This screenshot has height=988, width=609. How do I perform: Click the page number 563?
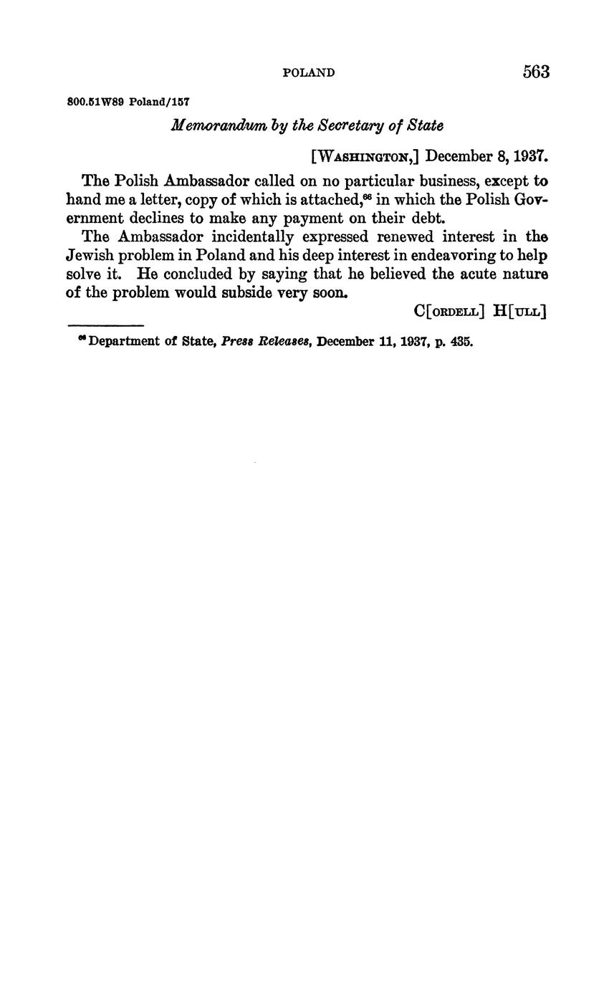point(536,72)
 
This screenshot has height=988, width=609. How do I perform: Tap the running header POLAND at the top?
point(309,72)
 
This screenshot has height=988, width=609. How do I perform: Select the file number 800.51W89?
point(95,102)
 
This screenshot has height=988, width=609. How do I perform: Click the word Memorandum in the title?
point(207,125)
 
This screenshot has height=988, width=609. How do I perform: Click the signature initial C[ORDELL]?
point(450,311)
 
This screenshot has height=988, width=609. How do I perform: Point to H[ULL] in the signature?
point(520,311)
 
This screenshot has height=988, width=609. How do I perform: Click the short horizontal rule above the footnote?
point(105,326)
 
